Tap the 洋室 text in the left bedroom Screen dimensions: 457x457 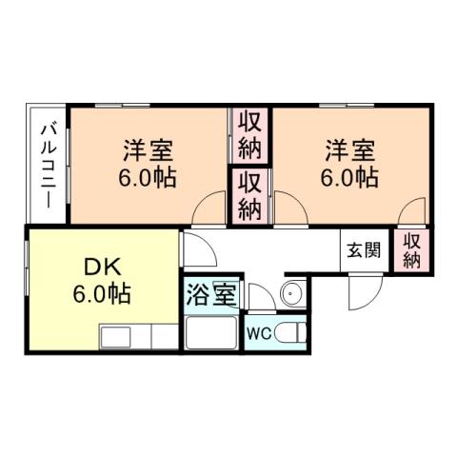(147, 150)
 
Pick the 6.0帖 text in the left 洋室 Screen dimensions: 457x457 (147, 178)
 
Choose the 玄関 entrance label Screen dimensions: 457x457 (363, 251)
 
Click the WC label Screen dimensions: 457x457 (259, 334)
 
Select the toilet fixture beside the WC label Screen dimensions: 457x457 (293, 333)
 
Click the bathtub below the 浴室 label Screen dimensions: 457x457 (212, 334)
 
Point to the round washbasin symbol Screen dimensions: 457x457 (293, 292)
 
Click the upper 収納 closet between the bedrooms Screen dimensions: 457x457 (249, 135)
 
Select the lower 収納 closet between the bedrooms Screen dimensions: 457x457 (249, 196)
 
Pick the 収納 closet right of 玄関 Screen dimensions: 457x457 (411, 249)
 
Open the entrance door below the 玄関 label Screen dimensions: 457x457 (362, 289)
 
